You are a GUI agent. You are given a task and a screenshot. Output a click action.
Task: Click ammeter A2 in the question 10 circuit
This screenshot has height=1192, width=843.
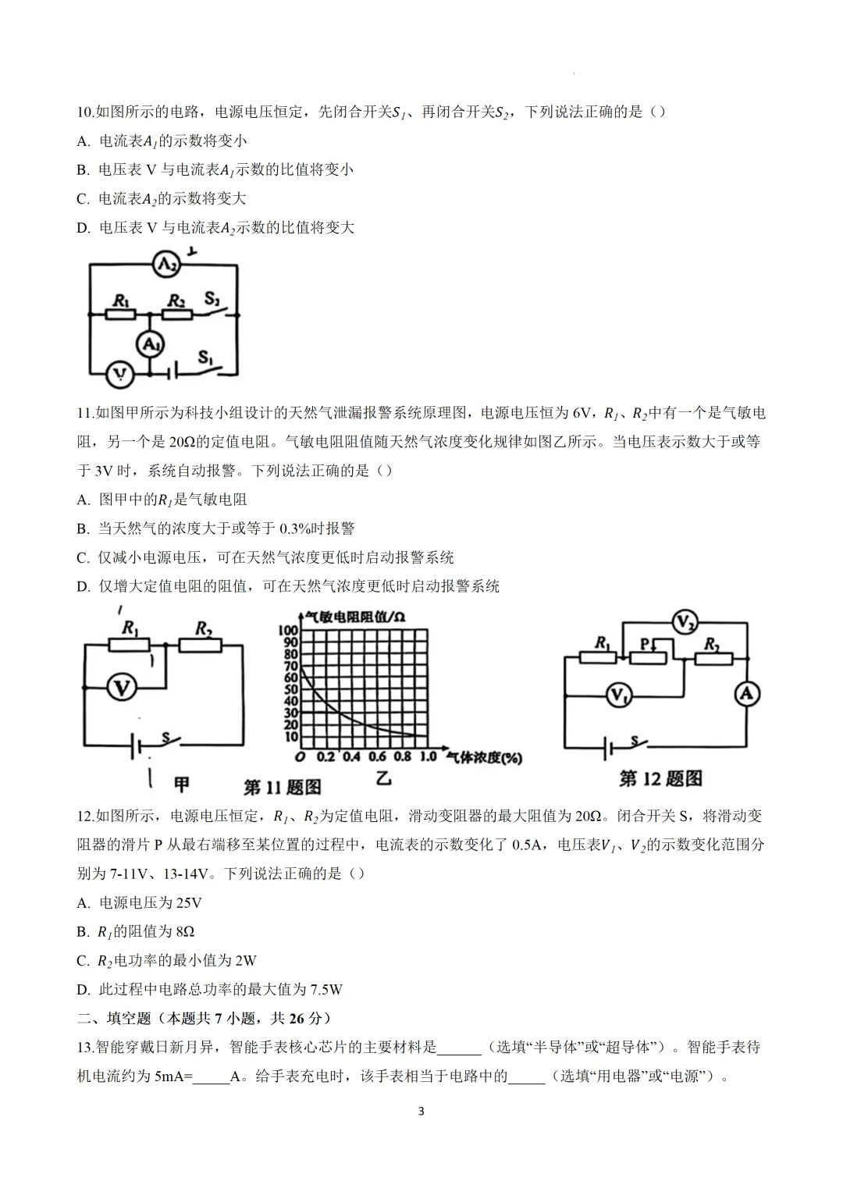click(x=165, y=265)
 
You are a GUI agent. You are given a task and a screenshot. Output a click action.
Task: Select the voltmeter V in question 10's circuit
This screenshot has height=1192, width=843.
click(x=119, y=375)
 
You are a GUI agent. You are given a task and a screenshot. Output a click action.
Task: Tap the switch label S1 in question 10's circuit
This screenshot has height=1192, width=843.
click(x=206, y=358)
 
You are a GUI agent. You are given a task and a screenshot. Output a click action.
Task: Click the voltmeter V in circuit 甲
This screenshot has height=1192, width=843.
click(x=121, y=688)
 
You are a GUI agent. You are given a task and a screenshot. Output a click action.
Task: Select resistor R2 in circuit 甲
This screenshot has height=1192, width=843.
click(x=201, y=645)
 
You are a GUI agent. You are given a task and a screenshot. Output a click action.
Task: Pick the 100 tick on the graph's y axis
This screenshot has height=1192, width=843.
click(x=288, y=630)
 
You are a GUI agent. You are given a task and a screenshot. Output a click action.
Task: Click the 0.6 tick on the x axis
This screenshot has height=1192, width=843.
click(x=377, y=756)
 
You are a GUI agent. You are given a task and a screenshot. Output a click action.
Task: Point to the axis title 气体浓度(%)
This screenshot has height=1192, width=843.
click(x=484, y=757)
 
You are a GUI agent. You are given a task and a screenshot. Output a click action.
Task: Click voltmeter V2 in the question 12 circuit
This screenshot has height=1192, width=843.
click(x=685, y=623)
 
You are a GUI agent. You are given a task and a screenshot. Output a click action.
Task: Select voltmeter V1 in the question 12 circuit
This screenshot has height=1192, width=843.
click(x=618, y=694)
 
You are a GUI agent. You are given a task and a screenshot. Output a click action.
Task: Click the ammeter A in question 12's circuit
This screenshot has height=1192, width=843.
click(x=747, y=694)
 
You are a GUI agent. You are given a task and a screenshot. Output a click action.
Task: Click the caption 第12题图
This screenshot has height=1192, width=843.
click(x=660, y=778)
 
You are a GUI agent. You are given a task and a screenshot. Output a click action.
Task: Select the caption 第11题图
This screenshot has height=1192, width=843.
click(x=283, y=786)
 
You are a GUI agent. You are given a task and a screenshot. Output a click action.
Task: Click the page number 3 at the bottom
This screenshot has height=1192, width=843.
click(x=421, y=1112)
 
